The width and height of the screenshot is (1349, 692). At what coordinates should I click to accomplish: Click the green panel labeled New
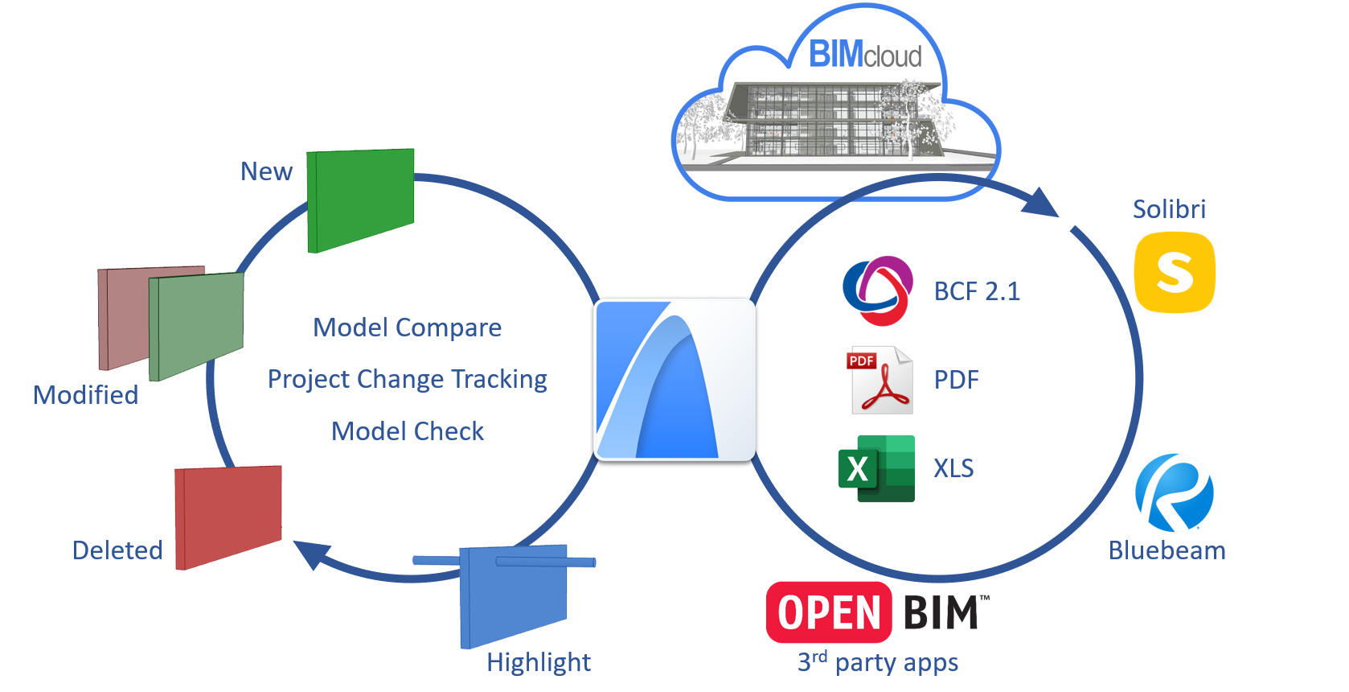click(361, 199)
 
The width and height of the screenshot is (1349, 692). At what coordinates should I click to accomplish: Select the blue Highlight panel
click(513, 596)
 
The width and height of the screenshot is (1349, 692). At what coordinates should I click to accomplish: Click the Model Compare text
click(407, 327)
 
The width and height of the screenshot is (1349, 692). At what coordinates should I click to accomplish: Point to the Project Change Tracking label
click(407, 379)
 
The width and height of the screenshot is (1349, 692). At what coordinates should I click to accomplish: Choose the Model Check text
click(407, 431)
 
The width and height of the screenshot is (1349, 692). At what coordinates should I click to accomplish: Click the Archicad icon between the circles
click(674, 380)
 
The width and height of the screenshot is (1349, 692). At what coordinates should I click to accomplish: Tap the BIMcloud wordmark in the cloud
click(864, 55)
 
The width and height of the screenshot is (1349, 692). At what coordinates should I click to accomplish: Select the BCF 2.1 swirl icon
click(877, 290)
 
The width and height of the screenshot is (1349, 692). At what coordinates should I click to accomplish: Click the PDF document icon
click(881, 380)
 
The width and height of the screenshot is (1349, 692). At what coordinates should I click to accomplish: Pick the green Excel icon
click(876, 468)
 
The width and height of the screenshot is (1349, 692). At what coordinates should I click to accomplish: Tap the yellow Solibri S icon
click(1175, 272)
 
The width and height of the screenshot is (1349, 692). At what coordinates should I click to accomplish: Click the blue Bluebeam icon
click(1174, 492)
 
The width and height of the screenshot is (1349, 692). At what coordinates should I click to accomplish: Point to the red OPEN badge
click(829, 612)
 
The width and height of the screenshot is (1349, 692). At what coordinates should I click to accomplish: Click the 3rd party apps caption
click(877, 662)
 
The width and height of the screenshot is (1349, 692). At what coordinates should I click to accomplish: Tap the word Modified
click(85, 395)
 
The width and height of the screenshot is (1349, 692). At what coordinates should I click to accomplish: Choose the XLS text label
click(953, 468)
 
